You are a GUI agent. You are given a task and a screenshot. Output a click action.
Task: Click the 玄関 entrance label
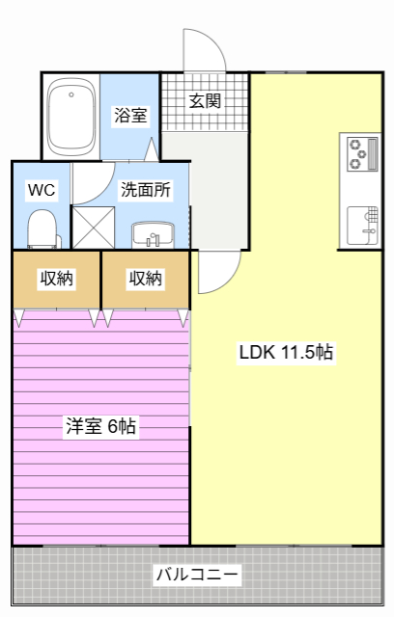205,100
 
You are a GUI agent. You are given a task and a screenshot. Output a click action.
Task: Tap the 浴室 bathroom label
130,116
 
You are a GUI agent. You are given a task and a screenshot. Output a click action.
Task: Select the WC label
42,190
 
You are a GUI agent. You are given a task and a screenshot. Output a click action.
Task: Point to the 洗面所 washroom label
146,190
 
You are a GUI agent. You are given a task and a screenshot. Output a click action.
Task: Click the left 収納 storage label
57,279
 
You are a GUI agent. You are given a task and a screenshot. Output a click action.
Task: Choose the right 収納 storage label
146,279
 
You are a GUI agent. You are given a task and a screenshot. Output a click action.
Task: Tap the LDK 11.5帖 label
287,352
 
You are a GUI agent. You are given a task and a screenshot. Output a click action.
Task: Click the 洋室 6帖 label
100,426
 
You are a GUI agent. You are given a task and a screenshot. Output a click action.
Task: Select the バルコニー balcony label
197,575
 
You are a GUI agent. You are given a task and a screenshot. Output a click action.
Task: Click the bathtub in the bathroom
71,118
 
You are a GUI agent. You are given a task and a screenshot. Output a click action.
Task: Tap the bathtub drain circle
71,94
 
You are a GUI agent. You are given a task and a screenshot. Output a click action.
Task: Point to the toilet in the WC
42,229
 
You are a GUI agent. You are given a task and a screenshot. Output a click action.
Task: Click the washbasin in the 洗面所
153,235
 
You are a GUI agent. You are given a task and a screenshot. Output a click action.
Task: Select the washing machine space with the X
94,228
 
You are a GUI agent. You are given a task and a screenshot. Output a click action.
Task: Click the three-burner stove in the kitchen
362,153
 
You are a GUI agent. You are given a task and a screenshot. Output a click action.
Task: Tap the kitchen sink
362,226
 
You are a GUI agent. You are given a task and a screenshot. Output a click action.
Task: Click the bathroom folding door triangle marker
152,149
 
